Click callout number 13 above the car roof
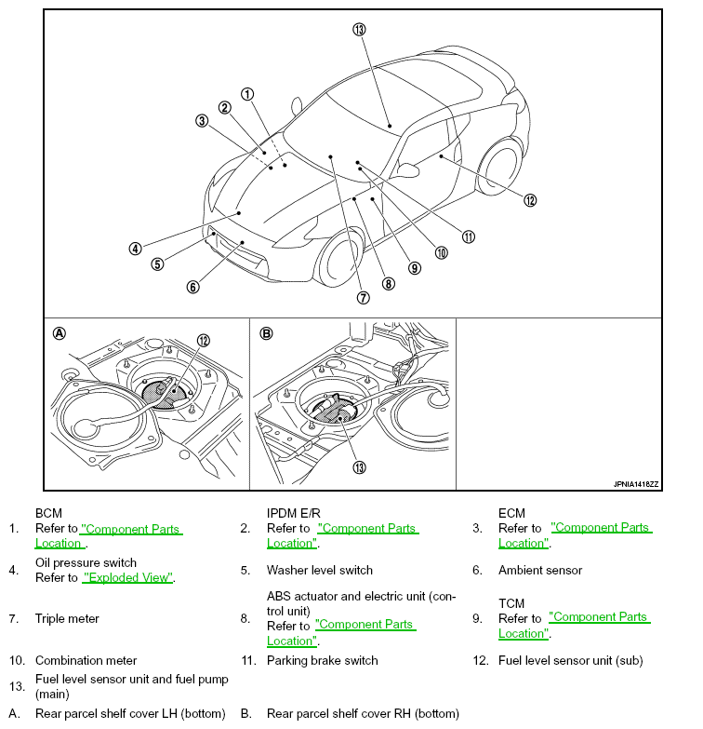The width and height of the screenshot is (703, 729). [x=359, y=29]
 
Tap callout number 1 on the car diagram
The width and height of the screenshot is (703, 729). [x=247, y=94]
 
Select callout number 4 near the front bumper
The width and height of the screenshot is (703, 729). [x=135, y=249]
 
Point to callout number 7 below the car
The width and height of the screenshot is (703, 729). [x=363, y=298]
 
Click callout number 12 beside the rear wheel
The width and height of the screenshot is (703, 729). [x=530, y=200]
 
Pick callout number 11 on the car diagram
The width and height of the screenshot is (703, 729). [x=469, y=237]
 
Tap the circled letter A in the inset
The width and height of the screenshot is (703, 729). [x=60, y=333]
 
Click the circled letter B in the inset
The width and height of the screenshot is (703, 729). [x=266, y=333]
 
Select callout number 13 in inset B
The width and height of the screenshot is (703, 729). [x=359, y=467]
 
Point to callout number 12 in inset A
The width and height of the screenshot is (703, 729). [x=203, y=341]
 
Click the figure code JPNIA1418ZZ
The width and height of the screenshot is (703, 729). [x=636, y=484]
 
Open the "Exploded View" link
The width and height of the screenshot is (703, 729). [x=127, y=577]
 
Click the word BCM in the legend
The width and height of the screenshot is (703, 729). [x=48, y=513]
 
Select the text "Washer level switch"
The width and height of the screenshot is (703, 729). [x=320, y=570]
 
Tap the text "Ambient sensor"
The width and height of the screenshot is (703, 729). [x=540, y=570]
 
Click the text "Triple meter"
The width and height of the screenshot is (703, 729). [x=67, y=619]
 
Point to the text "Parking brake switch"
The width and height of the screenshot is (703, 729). [x=323, y=661]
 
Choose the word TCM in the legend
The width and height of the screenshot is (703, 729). [x=511, y=603]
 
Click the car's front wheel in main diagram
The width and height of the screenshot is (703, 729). [x=339, y=258]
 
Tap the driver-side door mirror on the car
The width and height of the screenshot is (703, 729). [x=407, y=169]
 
